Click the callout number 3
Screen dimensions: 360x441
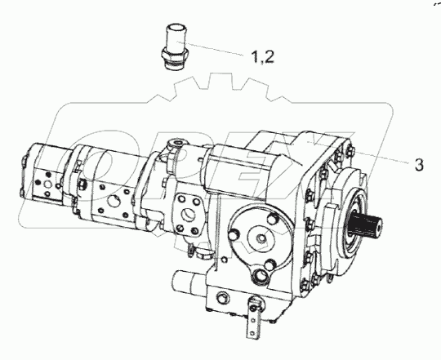coord(417,165)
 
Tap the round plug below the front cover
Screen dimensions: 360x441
coord(265,273)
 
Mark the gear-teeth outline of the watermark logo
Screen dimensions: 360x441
coord(220,90)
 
